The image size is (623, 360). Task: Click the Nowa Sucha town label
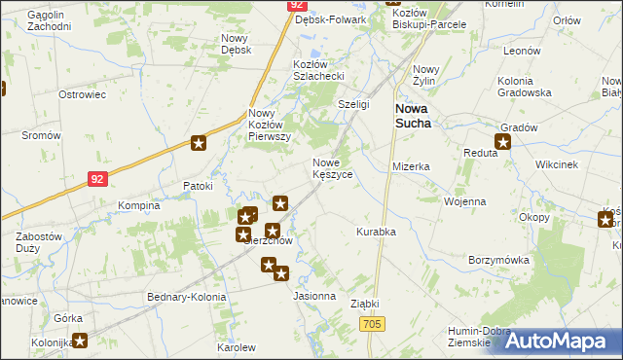point(419,116)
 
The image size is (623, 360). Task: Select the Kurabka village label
point(376,233)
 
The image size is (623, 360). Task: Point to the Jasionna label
point(314,296)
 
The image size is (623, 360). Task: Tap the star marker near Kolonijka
point(80,341)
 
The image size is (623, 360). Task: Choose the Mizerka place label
point(411,166)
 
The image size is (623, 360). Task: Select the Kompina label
point(138,206)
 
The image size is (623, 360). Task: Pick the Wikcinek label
point(556,165)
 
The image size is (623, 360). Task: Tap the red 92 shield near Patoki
point(95,179)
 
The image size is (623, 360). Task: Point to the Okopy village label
point(534,217)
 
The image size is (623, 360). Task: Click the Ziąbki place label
point(364,304)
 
